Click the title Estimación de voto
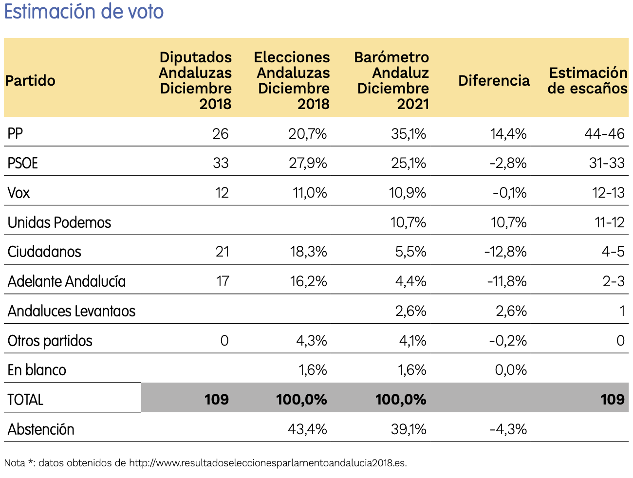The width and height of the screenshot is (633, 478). click(x=84, y=12)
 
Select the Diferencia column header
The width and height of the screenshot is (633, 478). click(x=494, y=80)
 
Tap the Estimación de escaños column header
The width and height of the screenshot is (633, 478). click(x=587, y=80)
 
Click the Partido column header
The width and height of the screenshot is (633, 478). click(x=30, y=80)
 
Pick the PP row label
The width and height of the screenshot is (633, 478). click(x=16, y=133)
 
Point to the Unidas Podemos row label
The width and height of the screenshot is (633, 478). click(x=59, y=222)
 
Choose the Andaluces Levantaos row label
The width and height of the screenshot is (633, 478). click(x=72, y=311)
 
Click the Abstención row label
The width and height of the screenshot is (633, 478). click(x=41, y=429)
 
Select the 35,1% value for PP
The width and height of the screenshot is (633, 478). click(x=409, y=133)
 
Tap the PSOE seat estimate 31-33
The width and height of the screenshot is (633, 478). click(x=607, y=163)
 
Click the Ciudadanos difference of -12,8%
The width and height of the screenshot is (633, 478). click(x=505, y=252)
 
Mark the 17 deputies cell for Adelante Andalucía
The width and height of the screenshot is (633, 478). click(x=223, y=281)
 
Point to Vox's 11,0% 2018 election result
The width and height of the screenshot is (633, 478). click(x=310, y=193)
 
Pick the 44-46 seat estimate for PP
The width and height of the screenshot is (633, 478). click(x=604, y=133)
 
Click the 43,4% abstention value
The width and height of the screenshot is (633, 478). click(x=307, y=429)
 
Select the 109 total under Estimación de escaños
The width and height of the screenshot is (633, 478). click(x=612, y=400)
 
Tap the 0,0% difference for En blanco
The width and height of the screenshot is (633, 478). click(x=511, y=370)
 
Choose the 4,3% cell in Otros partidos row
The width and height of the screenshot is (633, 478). click(x=312, y=341)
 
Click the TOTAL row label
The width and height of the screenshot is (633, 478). click(x=26, y=400)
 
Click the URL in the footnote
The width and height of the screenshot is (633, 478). click(x=267, y=463)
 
